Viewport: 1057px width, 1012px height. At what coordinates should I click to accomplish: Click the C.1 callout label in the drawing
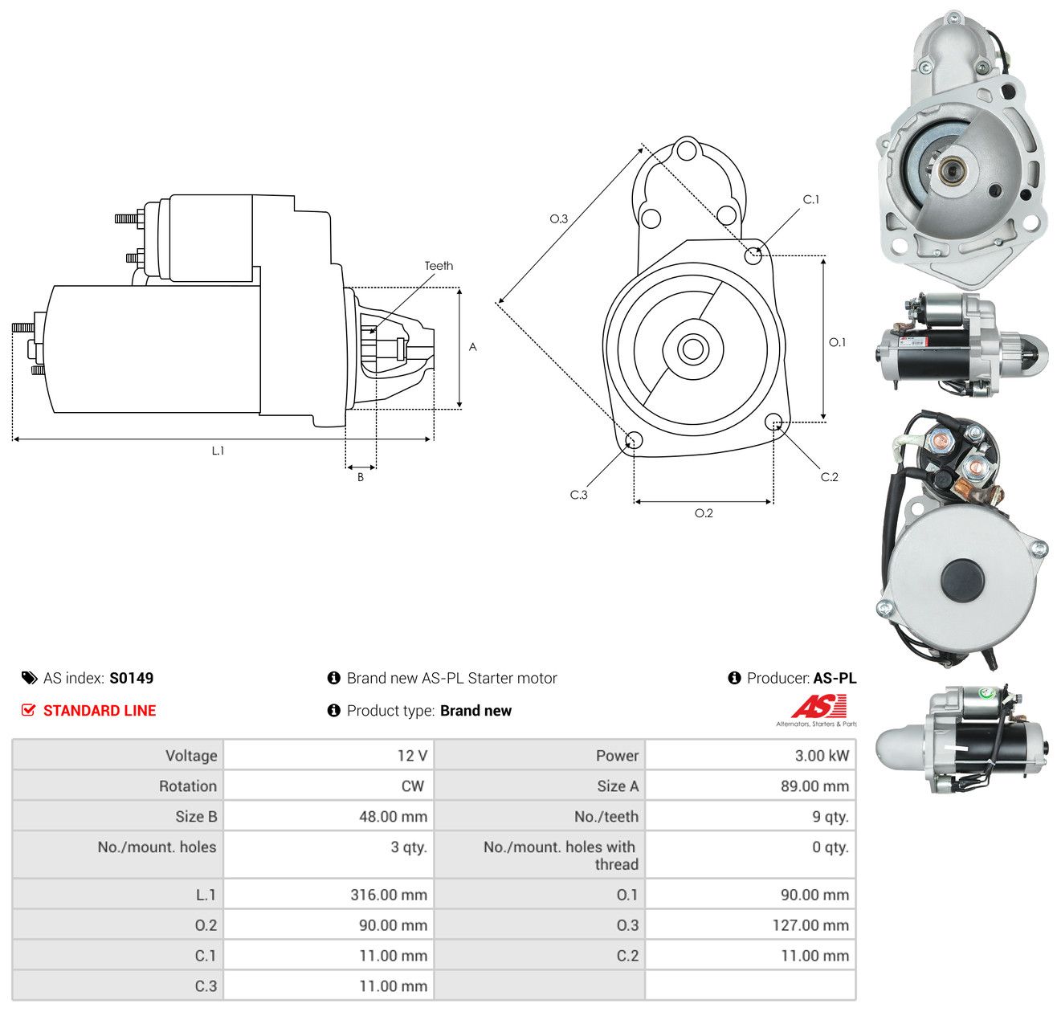coord(810,199)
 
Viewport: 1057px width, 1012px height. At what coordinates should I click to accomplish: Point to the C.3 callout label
coord(578,495)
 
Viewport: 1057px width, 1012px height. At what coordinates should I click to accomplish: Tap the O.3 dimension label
coord(558,218)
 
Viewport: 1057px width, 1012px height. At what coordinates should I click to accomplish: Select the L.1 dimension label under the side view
coord(218,451)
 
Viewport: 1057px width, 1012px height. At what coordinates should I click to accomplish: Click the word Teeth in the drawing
coord(439,266)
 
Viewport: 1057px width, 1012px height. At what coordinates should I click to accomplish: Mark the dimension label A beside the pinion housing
coord(472,346)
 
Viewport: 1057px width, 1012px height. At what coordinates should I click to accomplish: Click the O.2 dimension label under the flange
coord(704,512)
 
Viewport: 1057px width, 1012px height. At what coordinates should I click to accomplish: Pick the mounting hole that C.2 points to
coord(773,422)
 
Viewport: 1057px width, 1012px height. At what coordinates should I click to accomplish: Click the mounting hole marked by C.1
coord(753,255)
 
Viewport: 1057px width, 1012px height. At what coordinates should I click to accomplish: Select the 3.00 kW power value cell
coord(822,755)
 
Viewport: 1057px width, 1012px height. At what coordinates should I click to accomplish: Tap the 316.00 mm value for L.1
coord(389,894)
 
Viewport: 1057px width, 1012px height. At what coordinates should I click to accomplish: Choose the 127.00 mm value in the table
coord(810,924)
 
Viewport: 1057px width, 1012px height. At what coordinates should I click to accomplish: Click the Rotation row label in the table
coord(187,786)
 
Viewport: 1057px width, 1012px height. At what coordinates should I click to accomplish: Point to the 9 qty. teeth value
coord(830,816)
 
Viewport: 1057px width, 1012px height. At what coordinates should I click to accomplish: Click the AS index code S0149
coord(132,678)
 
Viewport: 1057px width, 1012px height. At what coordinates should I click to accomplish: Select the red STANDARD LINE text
coord(100,711)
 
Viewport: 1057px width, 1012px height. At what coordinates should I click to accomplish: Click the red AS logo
coord(818,706)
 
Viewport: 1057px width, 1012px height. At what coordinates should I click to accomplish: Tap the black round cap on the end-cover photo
coord(962,581)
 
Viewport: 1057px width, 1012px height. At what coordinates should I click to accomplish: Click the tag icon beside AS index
coord(30,678)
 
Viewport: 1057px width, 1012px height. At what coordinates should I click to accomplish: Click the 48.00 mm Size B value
coord(393,816)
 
